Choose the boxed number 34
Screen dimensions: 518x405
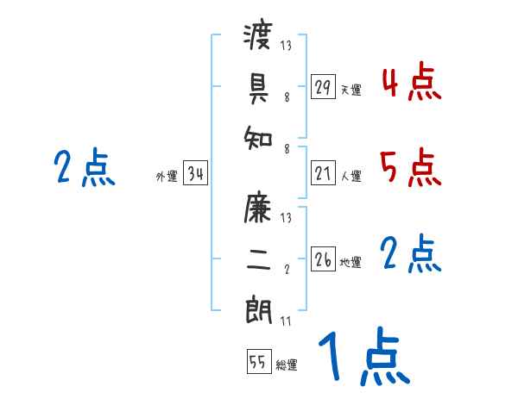point(195,173)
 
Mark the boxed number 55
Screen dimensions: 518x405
point(258,362)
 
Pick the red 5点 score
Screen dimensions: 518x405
point(411,167)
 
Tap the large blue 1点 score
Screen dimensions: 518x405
point(363,358)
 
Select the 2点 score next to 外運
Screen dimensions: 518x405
point(85,167)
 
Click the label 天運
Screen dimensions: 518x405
point(351,90)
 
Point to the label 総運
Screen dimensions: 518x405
point(287,365)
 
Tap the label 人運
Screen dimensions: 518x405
point(351,177)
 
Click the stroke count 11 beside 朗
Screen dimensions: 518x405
point(285,321)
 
